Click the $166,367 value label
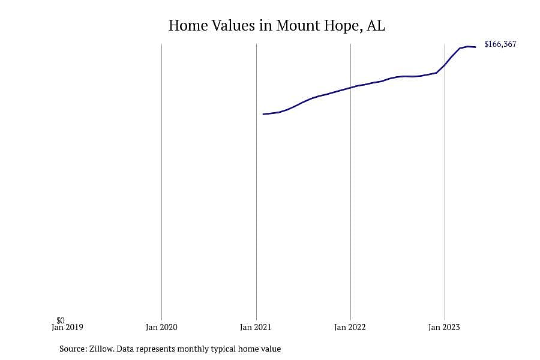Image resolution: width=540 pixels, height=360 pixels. pos(500,44)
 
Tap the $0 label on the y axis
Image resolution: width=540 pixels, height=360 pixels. pos(61,321)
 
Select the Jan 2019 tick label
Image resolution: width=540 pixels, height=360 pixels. pos(67,327)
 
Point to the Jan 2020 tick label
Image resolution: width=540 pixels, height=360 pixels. pos(161,327)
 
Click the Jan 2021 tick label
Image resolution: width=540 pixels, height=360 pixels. pos(256,327)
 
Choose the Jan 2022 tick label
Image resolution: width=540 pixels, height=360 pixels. pos(350,327)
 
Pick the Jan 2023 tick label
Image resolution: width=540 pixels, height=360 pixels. pos(444,327)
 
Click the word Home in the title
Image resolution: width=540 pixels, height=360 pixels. pos(188,25)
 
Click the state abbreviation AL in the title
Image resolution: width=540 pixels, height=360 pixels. pos(376,25)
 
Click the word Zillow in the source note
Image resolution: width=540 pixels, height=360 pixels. pos(101,349)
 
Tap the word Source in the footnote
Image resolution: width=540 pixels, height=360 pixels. pos(73,349)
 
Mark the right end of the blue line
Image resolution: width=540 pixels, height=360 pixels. pos(476,47)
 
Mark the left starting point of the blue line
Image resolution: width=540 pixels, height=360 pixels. pos(263,114)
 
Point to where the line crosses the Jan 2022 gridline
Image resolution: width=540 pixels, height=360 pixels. pos(350,88)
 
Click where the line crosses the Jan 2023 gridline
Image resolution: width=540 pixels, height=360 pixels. pos(445,64)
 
